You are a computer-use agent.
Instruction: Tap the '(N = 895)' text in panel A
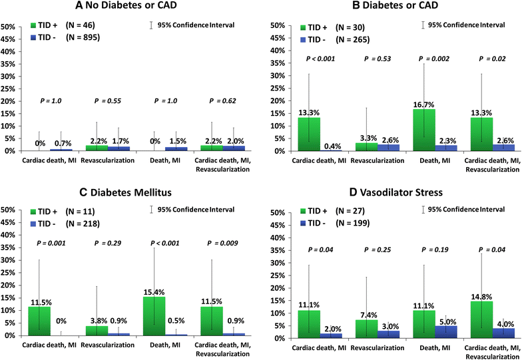coord(81,37)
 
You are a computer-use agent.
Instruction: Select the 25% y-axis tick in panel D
coord(274,275)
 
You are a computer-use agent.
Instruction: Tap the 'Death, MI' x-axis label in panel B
coord(424,160)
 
